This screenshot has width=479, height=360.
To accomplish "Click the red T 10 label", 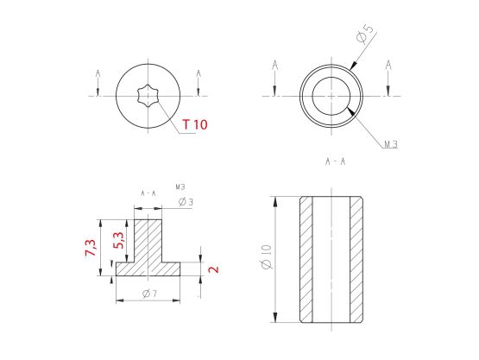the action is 195,124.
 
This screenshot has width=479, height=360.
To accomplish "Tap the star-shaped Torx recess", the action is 148,96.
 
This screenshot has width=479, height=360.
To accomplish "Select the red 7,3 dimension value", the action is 91,248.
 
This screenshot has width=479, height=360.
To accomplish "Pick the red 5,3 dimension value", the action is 118,240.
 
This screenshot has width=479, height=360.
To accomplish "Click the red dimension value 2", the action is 213,269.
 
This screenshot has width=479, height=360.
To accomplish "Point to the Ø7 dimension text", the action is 149,294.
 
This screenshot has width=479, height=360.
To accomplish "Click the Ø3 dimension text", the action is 186,202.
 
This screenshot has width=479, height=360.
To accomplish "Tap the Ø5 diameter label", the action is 365,34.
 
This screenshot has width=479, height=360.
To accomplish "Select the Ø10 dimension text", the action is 267,256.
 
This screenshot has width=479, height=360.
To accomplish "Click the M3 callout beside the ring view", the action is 391,144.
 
